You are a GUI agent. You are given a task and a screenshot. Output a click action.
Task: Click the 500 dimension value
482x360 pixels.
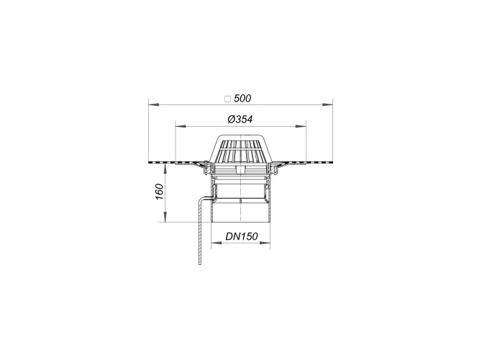pos(242,99)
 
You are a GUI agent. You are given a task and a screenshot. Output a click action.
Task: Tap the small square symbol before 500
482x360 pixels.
pos(227,99)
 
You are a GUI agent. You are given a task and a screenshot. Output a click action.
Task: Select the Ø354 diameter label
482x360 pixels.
pos(240,119)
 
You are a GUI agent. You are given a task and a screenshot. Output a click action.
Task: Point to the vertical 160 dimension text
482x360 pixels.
pos(159,192)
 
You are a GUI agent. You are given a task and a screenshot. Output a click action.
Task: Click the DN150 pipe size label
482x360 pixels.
pos(242,236)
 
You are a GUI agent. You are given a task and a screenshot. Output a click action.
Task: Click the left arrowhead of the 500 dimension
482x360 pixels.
pos(154,105)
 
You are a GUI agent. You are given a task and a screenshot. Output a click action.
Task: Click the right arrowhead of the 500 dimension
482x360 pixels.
pos(327,105)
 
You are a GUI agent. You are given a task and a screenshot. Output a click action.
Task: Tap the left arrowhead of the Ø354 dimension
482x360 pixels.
pos(181,126)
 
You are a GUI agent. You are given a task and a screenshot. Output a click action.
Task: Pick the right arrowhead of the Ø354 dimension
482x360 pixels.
pos(301,126)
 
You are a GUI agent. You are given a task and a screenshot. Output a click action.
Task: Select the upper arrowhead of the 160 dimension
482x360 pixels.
pos(165,169)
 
